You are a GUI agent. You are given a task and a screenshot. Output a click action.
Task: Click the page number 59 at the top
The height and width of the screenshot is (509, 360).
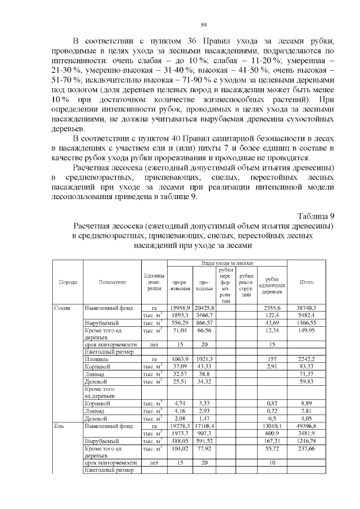[x=204, y=24]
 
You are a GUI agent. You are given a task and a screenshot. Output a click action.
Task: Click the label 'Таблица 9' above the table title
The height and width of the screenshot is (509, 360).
[x=315, y=215]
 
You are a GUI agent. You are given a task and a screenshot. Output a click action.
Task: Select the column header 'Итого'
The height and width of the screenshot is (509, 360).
[x=307, y=282]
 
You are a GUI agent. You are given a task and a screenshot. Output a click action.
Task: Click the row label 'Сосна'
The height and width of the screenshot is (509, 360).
[x=61, y=308]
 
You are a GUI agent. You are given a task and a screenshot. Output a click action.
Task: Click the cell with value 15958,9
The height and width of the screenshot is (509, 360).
[x=180, y=308]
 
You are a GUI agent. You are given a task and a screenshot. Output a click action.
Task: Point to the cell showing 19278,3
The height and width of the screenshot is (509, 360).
[x=180, y=427]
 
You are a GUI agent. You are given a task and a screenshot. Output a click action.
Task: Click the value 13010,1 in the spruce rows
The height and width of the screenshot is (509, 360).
[x=272, y=427]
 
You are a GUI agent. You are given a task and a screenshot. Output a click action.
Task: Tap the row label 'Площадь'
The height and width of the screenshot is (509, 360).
[x=96, y=359]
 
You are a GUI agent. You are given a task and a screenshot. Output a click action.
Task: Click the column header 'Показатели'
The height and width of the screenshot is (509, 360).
[x=111, y=282]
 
